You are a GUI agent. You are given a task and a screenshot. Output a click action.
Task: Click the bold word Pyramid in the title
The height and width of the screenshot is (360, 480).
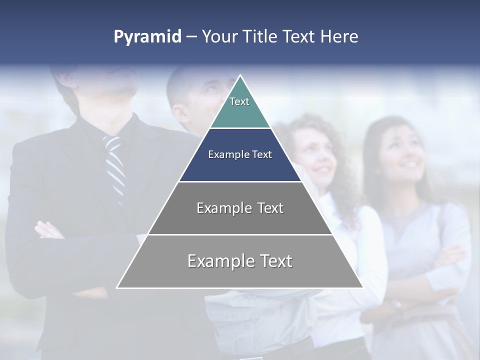(147, 37)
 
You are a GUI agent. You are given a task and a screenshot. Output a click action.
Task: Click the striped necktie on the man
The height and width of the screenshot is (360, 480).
(115, 165)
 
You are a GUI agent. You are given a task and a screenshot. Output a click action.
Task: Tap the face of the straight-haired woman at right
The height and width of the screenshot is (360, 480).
(400, 150)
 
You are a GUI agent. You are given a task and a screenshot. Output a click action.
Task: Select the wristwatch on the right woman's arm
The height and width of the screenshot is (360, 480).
(397, 304)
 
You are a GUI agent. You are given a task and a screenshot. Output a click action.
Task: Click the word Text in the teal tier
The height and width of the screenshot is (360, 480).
(239, 101)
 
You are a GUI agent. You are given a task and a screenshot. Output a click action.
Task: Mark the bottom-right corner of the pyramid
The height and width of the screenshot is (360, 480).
(362, 287)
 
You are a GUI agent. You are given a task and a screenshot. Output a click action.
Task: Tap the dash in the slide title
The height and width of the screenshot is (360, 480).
(191, 37)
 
